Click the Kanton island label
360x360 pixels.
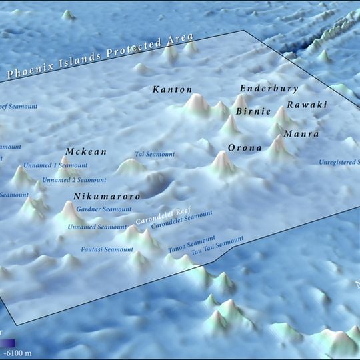click(x=172, y=89)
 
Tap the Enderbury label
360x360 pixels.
click(x=269, y=89)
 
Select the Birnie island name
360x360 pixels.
click(x=253, y=111)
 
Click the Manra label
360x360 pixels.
click(x=301, y=134)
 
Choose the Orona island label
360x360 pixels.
click(x=245, y=147)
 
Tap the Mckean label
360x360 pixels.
click(x=86, y=152)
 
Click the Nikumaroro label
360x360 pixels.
click(x=107, y=197)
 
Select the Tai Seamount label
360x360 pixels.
click(x=155, y=155)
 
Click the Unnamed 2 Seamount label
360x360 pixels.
click(x=74, y=180)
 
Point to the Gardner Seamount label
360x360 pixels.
click(x=104, y=209)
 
